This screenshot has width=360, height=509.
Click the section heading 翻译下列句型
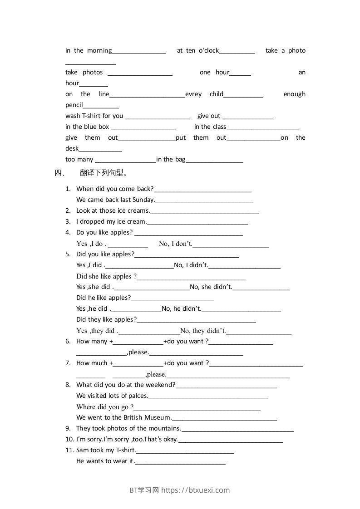[104, 173]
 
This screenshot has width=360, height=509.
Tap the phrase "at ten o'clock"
[198, 50]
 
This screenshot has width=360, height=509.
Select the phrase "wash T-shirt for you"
[94, 116]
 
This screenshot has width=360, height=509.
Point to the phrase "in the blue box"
[87, 127]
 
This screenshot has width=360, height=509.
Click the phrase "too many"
[79, 159]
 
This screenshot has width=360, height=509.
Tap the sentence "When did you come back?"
[115, 189]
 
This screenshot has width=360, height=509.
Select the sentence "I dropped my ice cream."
[112, 221]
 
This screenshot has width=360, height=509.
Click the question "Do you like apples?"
[104, 232]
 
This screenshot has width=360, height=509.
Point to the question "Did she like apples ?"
[107, 276]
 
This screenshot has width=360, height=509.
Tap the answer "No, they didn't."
[203, 331]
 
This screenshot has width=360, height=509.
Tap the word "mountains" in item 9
[165, 428]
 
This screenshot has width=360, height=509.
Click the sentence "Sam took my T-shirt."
[106, 450]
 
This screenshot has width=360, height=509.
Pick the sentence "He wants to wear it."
[106, 461]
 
